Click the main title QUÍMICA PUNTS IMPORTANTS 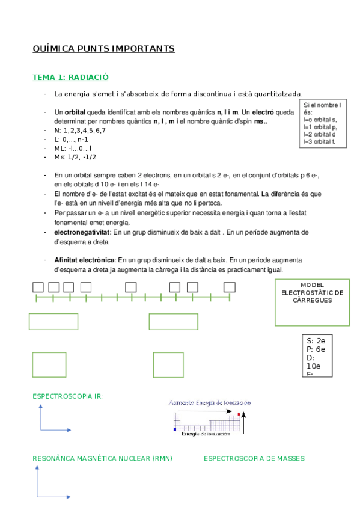[103, 48]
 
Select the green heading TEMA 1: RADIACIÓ [70, 78]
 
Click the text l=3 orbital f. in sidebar [320, 141]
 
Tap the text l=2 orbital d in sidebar [319, 134]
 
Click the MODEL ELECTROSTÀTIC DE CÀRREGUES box [312, 301]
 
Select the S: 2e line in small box [316, 340]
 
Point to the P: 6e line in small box [316, 349]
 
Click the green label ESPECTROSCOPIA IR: [67, 396]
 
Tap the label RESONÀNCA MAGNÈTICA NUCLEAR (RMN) [102, 458]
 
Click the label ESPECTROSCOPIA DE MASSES [254, 458]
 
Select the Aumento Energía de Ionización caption [210, 402]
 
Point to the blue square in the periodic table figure [175, 429]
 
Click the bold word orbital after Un [75, 112]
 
